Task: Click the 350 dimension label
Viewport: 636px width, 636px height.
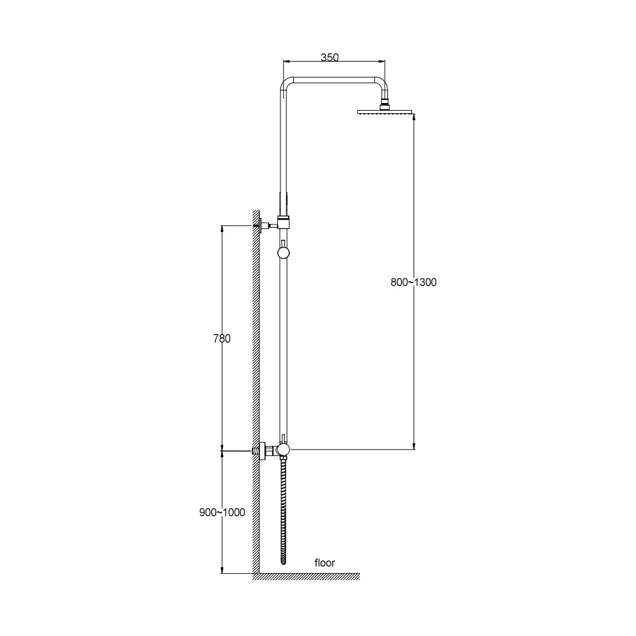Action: coord(329,57)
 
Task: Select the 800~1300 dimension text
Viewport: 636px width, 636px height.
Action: coord(413,282)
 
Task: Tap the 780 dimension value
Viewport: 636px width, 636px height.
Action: coord(222,338)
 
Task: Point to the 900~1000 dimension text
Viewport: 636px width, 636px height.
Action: coord(222,512)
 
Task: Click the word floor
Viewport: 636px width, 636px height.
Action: coord(325,563)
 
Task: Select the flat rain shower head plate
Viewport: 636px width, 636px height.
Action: coord(385,111)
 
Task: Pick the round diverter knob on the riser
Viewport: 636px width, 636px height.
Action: coord(284,253)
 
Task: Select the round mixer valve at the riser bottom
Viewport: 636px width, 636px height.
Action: coord(284,449)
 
